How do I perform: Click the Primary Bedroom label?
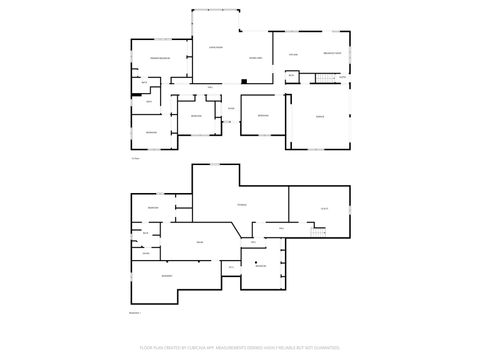(x=162, y=59)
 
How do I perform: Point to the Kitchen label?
(x=293, y=53)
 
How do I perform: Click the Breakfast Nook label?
(x=333, y=52)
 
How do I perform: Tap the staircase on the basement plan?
(x=315, y=233)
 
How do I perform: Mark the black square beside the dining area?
(x=243, y=80)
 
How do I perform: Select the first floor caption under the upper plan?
(x=135, y=158)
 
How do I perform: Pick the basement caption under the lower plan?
(x=135, y=313)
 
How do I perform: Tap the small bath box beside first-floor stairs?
(x=291, y=75)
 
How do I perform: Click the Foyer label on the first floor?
(x=230, y=108)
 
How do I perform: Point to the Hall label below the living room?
(x=210, y=87)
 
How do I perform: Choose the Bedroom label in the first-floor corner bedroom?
(x=152, y=132)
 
